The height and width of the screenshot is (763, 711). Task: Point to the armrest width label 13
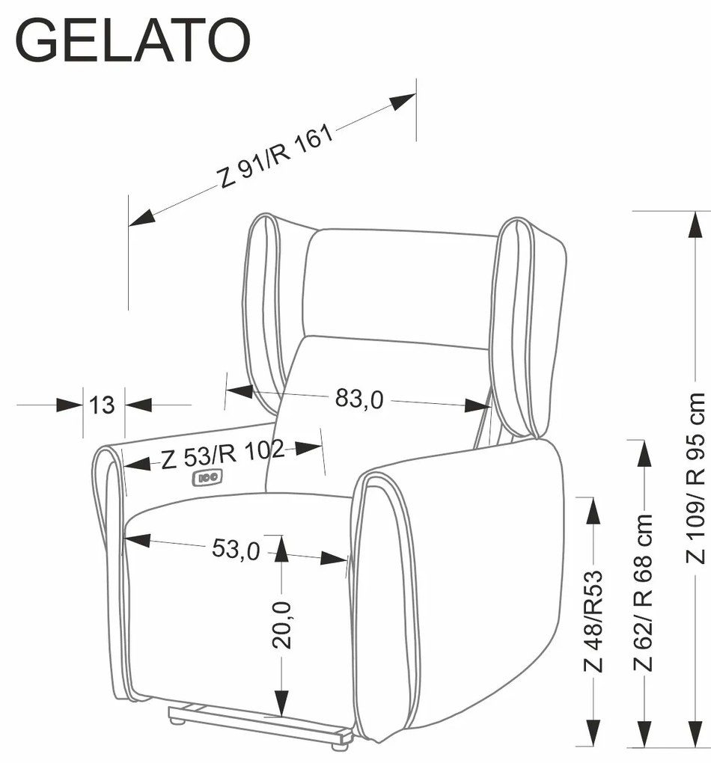[103, 405]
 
